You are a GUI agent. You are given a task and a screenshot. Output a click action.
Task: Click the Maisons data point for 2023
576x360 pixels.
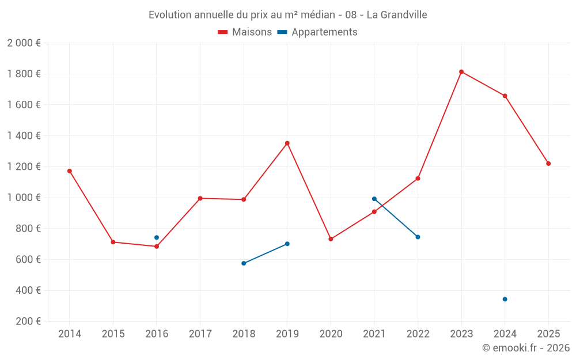coord(461,71)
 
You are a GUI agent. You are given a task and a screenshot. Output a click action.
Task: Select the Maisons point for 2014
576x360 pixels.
coord(70,171)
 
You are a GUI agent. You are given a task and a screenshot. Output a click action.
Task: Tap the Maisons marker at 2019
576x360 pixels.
coord(287,143)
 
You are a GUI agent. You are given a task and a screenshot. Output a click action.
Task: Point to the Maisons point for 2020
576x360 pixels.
coord(331,239)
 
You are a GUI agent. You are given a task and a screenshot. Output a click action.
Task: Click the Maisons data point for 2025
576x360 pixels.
coord(548,164)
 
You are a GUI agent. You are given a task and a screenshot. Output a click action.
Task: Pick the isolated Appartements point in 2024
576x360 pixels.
coord(505,299)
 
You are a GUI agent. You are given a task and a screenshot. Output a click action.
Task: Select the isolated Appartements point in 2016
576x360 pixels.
coord(157,237)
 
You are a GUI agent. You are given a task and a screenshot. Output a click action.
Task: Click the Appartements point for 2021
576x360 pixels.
coord(374,199)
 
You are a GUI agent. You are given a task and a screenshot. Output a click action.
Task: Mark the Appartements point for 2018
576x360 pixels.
coord(244,263)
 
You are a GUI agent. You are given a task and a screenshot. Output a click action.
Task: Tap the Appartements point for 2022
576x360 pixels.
coord(418,237)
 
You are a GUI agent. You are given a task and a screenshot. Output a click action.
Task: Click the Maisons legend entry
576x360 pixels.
coord(245,32)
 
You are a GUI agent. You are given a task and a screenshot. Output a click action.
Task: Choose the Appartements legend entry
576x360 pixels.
coord(317,32)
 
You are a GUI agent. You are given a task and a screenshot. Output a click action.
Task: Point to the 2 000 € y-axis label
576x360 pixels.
coord(24,43)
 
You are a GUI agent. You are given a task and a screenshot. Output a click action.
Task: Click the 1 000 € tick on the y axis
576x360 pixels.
coord(24,198)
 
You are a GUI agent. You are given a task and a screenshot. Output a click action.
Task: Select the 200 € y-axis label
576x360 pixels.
coord(27,321)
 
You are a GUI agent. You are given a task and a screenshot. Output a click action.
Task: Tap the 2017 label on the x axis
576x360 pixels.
coord(200,334)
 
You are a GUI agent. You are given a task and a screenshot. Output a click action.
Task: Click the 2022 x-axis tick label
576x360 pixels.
coord(418,334)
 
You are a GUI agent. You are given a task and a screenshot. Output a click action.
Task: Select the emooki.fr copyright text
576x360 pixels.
coord(526,348)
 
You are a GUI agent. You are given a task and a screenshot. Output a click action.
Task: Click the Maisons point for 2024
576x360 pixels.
coord(505,96)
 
